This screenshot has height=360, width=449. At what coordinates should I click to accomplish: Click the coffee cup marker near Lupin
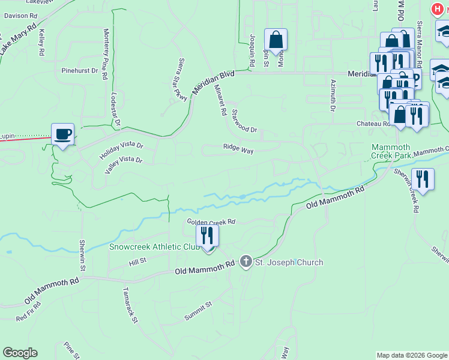click(x=62, y=134)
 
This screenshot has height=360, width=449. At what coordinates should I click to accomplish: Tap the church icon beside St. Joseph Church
click(x=246, y=262)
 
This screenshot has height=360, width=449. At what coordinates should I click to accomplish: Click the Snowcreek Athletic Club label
click(x=154, y=246)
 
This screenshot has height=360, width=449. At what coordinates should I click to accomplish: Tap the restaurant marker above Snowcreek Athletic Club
click(x=207, y=235)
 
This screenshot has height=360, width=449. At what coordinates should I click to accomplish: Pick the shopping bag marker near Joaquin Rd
click(x=276, y=40)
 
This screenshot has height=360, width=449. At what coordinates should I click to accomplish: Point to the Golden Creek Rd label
click(x=211, y=221)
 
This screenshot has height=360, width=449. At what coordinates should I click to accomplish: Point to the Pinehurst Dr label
click(x=79, y=70)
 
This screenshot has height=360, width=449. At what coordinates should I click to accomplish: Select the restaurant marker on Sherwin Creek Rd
click(x=423, y=179)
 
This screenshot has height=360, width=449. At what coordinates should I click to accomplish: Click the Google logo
click(x=20, y=353)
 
